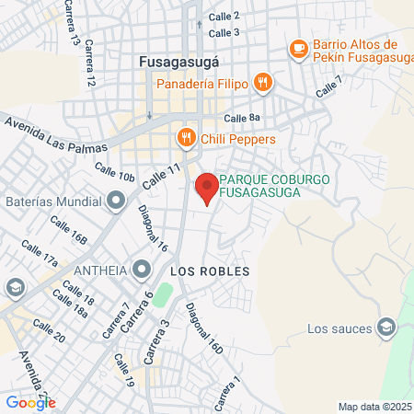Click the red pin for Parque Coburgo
click(x=207, y=188)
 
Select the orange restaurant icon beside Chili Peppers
click(x=187, y=139)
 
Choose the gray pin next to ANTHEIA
click(x=141, y=270)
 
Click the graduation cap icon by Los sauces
click(x=386, y=328)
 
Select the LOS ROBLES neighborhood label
click(x=203, y=272)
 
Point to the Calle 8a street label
click(x=242, y=119)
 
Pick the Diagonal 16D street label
click(x=204, y=329)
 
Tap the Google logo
click(x=30, y=402)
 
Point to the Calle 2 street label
click(x=224, y=17)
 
